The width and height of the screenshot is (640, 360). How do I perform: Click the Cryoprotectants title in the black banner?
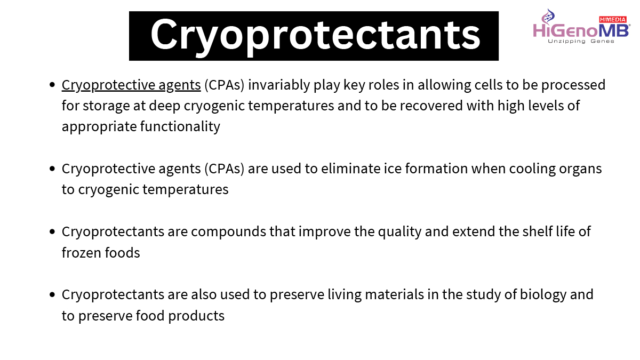tap(315, 36)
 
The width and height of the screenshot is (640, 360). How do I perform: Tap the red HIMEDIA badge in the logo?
tap(613, 19)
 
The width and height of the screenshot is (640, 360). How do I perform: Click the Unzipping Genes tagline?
tap(581, 41)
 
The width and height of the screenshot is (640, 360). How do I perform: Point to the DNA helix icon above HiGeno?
tap(548, 16)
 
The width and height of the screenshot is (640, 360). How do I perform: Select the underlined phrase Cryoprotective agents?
tap(131, 85)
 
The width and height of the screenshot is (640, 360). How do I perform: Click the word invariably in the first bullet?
tap(279, 85)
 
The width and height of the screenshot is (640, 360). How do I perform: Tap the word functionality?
tap(180, 126)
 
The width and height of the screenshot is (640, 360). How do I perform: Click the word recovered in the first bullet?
tap(431, 106)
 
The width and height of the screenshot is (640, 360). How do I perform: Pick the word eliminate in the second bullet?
tap(350, 169)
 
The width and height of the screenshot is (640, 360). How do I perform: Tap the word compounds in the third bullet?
tap(228, 231)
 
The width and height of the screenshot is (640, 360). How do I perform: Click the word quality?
tap(399, 232)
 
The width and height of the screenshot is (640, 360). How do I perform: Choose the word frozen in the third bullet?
tap(82, 253)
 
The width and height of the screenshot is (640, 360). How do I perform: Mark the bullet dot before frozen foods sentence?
tap(52, 231)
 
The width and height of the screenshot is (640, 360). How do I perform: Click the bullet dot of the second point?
tap(52, 169)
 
